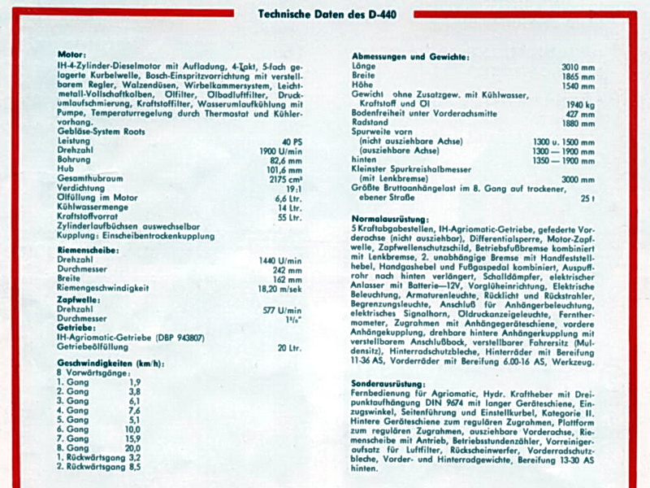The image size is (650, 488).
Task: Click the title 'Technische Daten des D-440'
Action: point(325,14)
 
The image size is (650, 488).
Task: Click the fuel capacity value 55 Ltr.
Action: point(289,217)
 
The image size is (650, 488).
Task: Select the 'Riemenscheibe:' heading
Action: point(89,250)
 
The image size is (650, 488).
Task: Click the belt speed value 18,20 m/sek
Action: point(279,288)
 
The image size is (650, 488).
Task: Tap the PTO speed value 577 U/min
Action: point(283,310)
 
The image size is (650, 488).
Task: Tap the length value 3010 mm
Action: point(578,67)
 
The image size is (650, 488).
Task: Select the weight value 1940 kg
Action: point(580,105)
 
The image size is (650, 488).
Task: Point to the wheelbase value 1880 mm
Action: point(578,124)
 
